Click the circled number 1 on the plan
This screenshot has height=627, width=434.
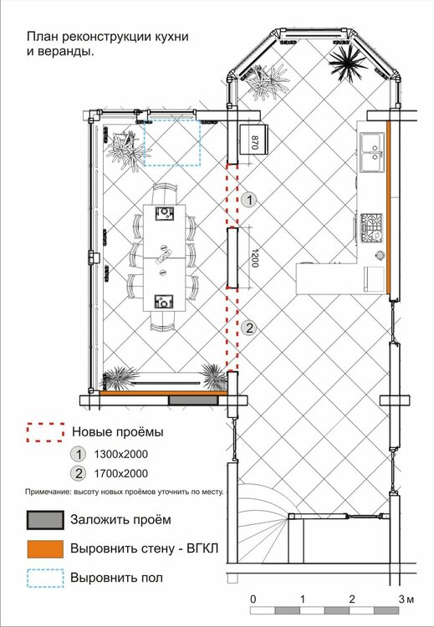tap(249, 200)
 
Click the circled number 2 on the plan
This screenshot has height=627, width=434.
tap(249, 329)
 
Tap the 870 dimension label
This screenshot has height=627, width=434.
tap(253, 143)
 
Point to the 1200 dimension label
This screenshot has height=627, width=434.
tap(255, 258)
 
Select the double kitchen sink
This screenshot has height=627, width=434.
tap(372, 152)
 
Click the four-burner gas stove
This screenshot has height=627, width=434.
tap(371, 228)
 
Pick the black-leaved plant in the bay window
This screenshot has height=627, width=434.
tap(347, 64)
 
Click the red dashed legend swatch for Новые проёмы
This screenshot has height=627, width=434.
tap(46, 432)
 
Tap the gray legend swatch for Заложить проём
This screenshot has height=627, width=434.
tap(45, 520)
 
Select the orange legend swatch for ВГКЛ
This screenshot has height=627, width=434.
tap(45, 548)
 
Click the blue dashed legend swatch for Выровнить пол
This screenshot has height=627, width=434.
tap(45, 578)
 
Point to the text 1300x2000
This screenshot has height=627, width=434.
tap(120, 454)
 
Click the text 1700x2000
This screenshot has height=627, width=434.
tap(120, 474)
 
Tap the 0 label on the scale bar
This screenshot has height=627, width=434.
tap(253, 599)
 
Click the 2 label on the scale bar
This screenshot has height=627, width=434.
tap(351, 599)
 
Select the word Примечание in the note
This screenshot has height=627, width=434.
tap(47, 492)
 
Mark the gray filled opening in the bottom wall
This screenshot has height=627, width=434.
tap(193, 400)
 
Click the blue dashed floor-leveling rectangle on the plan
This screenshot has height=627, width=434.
tap(172, 142)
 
